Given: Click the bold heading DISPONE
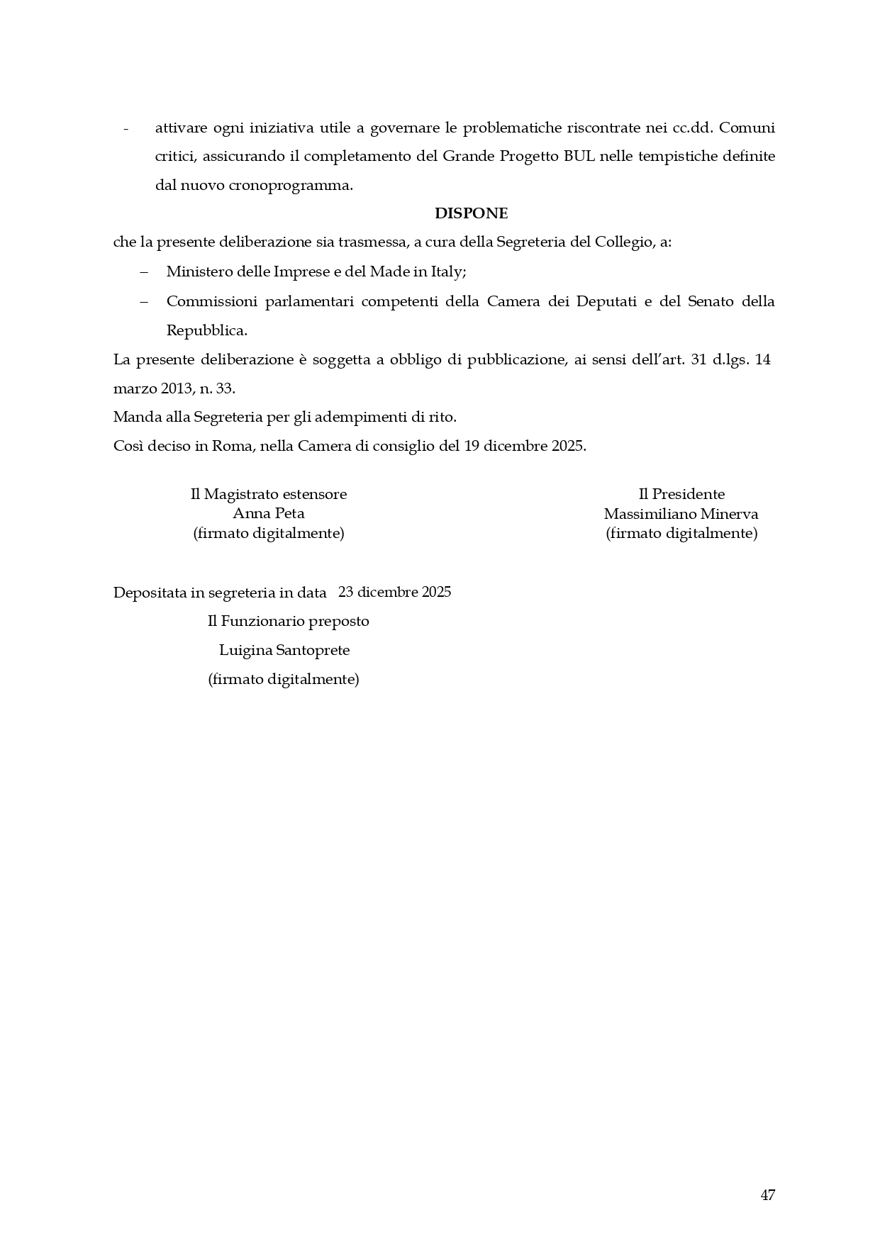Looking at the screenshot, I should [471, 213].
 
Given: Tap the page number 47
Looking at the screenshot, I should [767, 1195].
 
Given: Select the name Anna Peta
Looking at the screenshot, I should [269, 513].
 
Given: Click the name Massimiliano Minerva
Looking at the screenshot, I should [681, 513].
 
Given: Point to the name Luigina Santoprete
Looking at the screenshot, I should [284, 650].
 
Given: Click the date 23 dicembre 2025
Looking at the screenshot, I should [395, 592].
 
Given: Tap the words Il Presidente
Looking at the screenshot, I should [681, 494].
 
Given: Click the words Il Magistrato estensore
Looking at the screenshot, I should [269, 494].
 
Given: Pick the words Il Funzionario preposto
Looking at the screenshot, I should [288, 621].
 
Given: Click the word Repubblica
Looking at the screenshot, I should [206, 330].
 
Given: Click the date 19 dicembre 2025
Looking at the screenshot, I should [525, 447].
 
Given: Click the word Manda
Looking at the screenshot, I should [133, 417].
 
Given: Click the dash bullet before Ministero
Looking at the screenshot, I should [144, 272].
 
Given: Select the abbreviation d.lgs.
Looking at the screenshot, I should [730, 359].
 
